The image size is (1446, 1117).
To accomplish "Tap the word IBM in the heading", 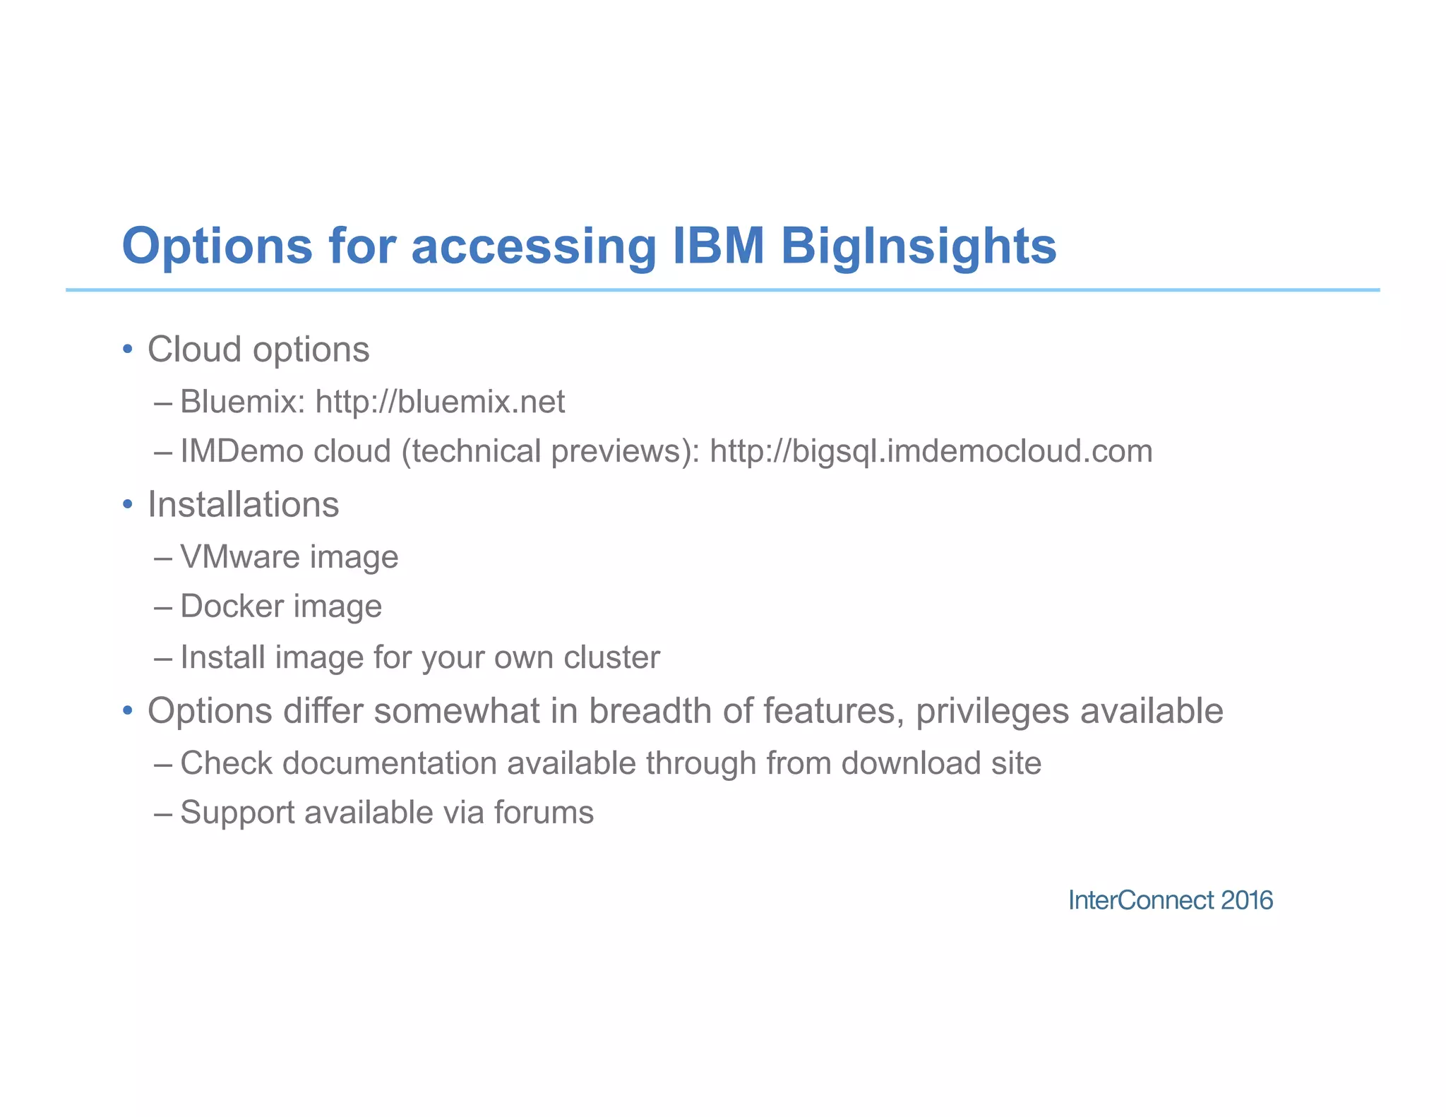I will click(719, 246).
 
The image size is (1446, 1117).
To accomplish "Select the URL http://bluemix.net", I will click(440, 402).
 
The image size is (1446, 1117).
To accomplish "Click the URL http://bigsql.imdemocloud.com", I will click(931, 451).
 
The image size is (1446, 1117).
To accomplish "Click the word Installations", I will click(243, 505).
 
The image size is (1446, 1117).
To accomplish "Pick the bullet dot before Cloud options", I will click(127, 350).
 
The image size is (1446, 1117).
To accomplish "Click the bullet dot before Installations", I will click(127, 505).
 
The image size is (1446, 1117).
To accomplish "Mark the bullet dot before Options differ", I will click(127, 710).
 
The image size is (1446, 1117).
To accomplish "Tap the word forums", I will click(544, 813).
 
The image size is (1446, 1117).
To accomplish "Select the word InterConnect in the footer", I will click(1140, 900).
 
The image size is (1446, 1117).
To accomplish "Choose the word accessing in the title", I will click(534, 246).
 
